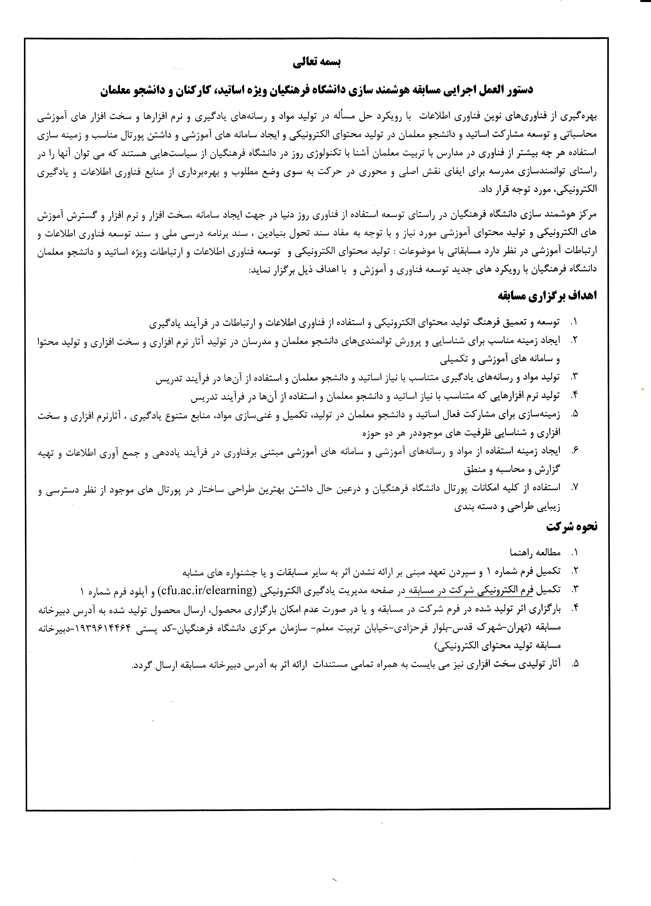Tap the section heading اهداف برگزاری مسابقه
pyautogui.click(x=547, y=296)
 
